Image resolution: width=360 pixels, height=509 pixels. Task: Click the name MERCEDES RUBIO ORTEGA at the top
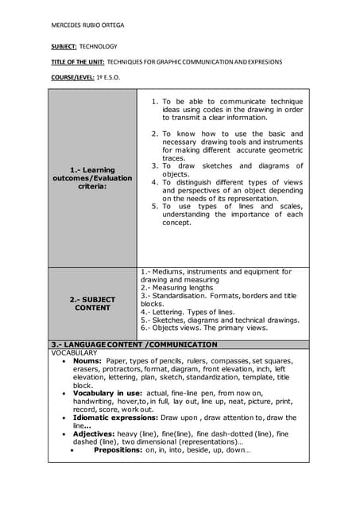[x=87, y=25]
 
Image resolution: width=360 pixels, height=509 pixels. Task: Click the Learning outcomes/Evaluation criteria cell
[x=93, y=177]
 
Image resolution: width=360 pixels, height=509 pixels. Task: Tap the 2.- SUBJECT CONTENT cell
[x=93, y=304]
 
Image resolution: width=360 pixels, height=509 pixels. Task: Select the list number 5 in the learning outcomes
[x=155, y=206]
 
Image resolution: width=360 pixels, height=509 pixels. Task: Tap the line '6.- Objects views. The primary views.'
[x=204, y=328]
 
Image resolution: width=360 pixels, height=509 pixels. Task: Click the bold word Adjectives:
[x=95, y=433]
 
